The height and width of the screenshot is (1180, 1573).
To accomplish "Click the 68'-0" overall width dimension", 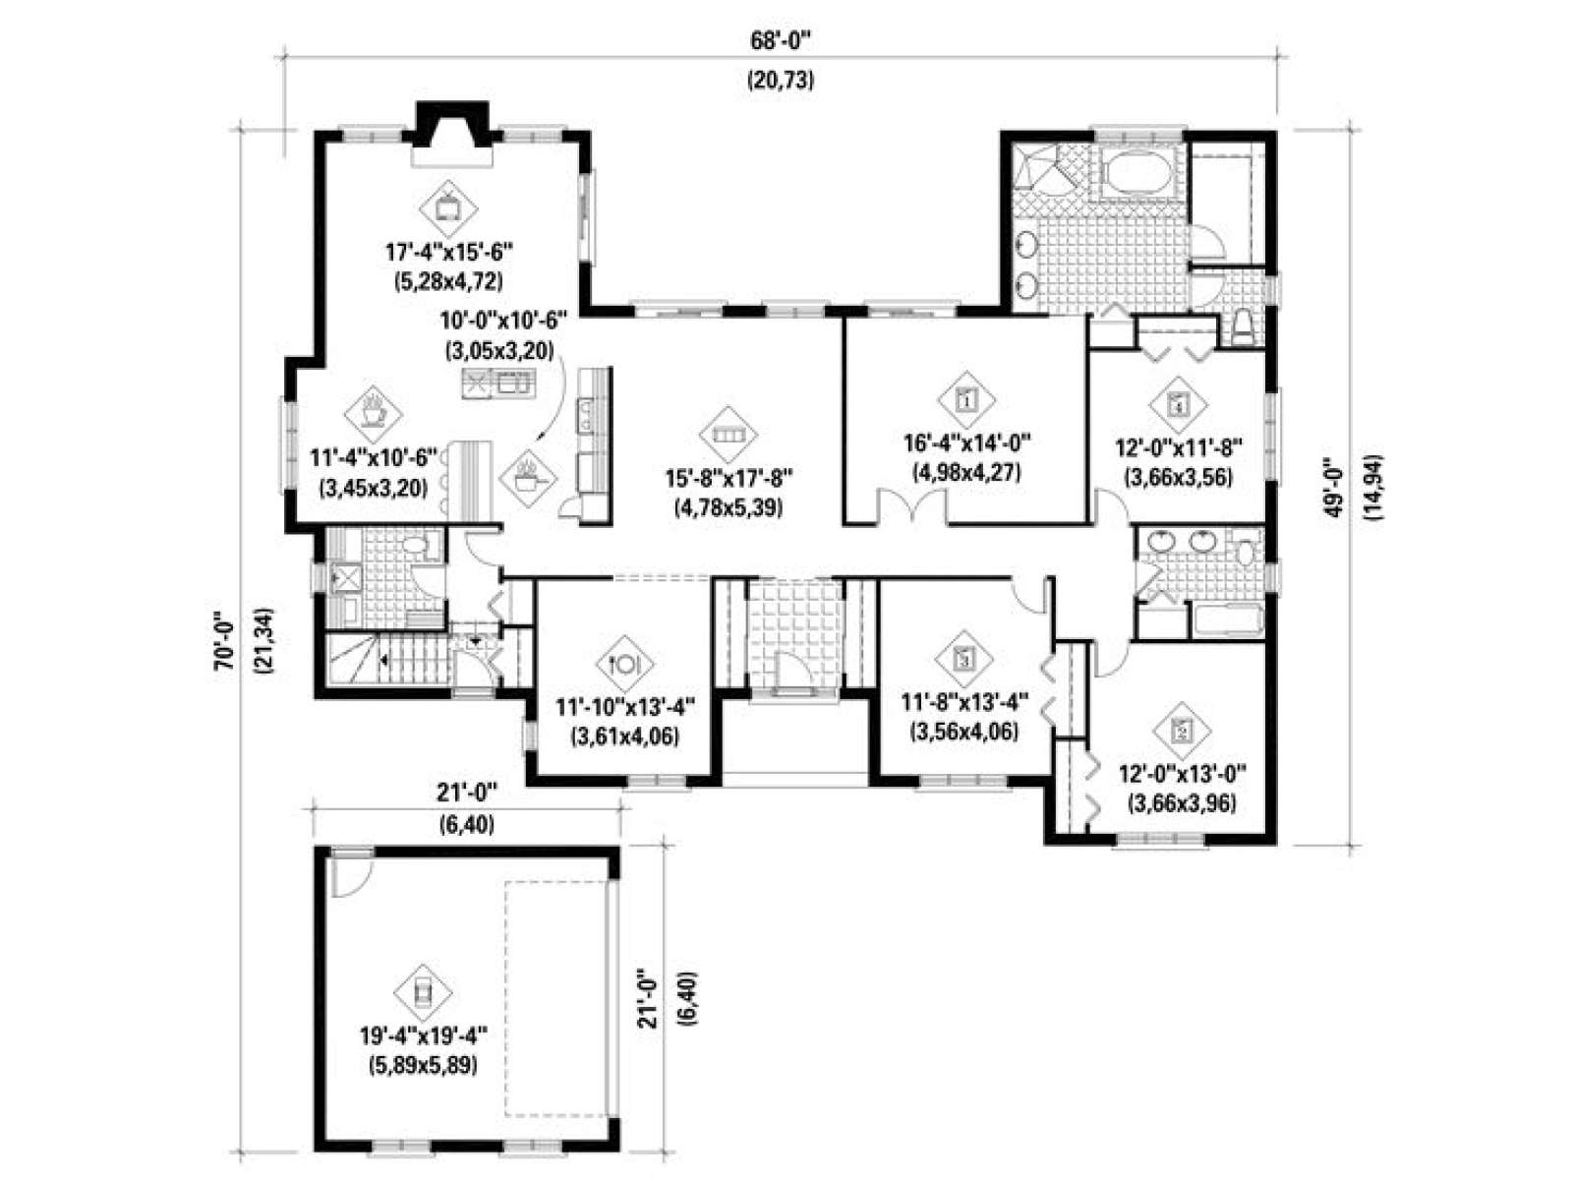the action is point(781,41).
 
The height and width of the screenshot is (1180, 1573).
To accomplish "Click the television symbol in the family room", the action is point(449,207).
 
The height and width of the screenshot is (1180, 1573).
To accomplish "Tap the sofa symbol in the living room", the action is point(728,435).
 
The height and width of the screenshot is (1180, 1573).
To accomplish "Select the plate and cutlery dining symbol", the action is point(625,663).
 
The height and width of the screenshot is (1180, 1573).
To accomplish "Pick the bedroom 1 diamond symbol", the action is point(966,399).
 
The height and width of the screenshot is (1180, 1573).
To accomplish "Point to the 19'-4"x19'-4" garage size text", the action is point(424,1036).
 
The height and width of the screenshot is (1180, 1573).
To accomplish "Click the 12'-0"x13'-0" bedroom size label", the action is point(1183,775).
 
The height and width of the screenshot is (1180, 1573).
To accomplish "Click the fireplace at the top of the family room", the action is point(452,135).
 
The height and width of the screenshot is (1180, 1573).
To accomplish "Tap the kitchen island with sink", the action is point(498,383).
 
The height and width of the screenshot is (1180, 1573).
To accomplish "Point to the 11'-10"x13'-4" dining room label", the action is point(625,707).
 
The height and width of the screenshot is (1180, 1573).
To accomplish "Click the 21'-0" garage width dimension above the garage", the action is point(467,794).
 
